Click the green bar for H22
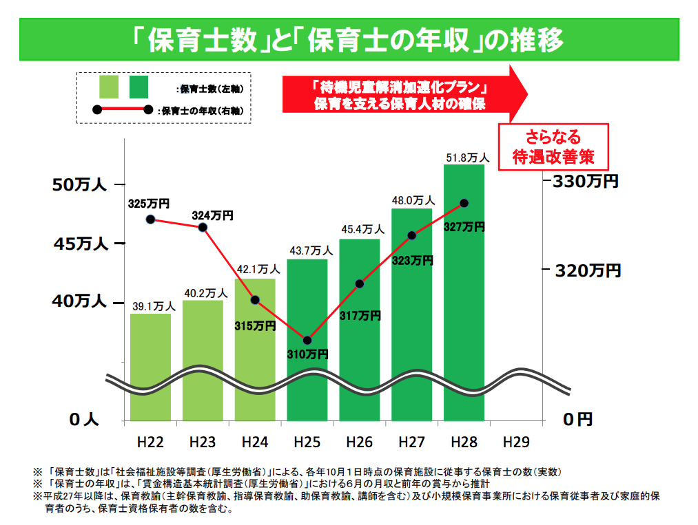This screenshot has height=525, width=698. click(150, 365)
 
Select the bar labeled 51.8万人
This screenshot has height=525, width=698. click(464, 289)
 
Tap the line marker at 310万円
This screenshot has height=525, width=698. click(307, 340)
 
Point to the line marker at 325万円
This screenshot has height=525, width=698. click(150, 219)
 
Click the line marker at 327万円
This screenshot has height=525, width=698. click(464, 203)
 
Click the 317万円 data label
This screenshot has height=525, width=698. click(360, 316)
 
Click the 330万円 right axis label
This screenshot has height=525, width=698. click(583, 182)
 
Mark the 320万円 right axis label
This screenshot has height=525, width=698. click(586, 270)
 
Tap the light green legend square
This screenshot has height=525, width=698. click(110, 87)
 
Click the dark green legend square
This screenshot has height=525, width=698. click(138, 87)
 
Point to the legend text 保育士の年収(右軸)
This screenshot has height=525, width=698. click(203, 110)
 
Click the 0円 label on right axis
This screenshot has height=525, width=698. click(577, 419)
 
